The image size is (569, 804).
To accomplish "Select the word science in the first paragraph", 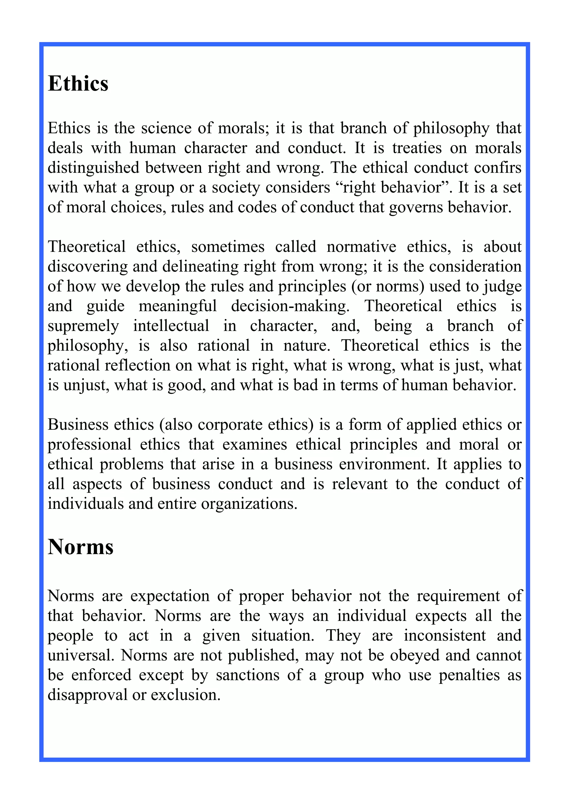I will [166, 128].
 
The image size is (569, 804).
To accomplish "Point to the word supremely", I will [83, 326].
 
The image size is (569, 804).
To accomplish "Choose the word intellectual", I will [171, 326].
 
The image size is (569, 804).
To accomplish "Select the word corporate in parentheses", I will [231, 425].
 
